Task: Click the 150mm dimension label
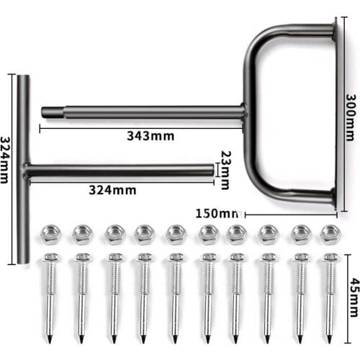[217, 214]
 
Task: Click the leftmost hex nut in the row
[50, 234]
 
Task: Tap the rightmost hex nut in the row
[330, 234]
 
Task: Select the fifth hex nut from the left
[176, 234]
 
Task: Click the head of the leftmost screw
[50, 257]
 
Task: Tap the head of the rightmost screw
[330, 257]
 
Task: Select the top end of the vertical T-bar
[23, 78]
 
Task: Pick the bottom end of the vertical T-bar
[23, 258]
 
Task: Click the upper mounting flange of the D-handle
[333, 30]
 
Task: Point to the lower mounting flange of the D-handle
[333, 196]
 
